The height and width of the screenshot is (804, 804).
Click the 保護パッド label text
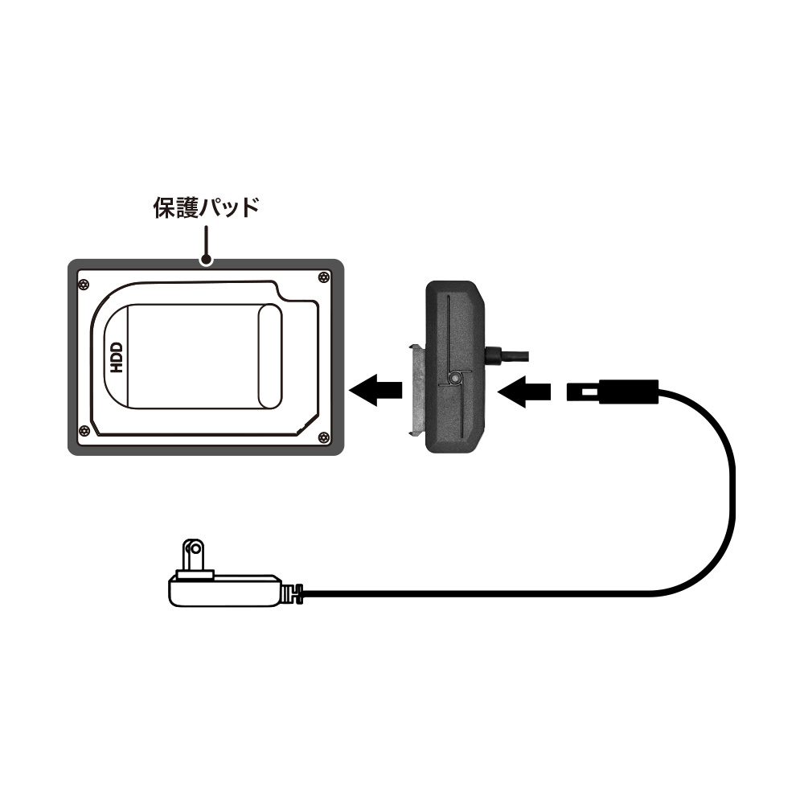(x=206, y=207)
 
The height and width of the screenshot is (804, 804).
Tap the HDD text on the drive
(x=117, y=358)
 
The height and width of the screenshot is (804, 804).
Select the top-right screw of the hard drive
(x=323, y=277)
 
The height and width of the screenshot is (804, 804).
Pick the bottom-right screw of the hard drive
(x=323, y=437)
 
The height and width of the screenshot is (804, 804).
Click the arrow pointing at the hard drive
(x=375, y=390)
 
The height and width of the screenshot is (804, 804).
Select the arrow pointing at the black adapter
(x=524, y=392)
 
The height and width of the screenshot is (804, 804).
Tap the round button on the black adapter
(x=453, y=379)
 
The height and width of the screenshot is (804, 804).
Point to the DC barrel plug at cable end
(x=612, y=392)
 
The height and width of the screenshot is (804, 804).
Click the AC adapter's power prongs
(x=194, y=557)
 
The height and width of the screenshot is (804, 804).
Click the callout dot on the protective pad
(x=206, y=260)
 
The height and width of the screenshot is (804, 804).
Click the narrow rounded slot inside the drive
(x=269, y=356)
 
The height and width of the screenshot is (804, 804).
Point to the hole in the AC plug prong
(x=195, y=549)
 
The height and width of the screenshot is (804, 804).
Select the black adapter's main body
(x=455, y=367)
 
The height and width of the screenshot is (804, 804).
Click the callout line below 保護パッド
(x=206, y=241)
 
